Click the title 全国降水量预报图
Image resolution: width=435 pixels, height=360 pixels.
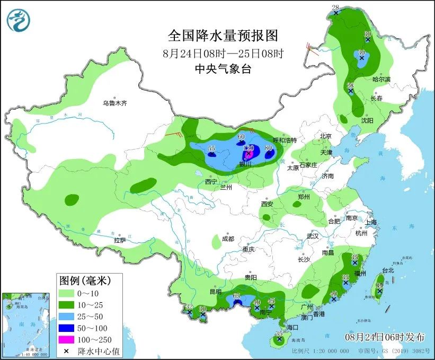pyautogui.click(x=223, y=36)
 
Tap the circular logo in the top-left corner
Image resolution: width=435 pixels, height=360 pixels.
pyautogui.click(x=19, y=20)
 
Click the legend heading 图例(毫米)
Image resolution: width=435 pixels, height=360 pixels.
pyautogui.click(x=90, y=279)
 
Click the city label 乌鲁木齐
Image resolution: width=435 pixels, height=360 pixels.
pyautogui.click(x=115, y=103)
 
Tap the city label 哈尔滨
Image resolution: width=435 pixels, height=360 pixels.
pyautogui.click(x=381, y=79)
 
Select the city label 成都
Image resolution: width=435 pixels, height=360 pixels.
pyautogui.click(x=228, y=239)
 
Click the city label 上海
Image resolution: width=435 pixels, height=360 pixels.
pyautogui.click(x=370, y=222)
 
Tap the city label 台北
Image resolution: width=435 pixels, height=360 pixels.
pyautogui.click(x=388, y=270)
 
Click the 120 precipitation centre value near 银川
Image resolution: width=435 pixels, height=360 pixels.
pyautogui.click(x=249, y=147)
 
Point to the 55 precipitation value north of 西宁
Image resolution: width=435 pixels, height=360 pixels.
pyautogui.click(x=211, y=149)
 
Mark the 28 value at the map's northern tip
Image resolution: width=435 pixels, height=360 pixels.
pyautogui.click(x=335, y=7)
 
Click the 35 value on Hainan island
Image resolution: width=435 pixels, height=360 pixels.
pyautogui.click(x=279, y=333)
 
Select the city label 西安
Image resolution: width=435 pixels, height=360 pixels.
pyautogui.click(x=267, y=204)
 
